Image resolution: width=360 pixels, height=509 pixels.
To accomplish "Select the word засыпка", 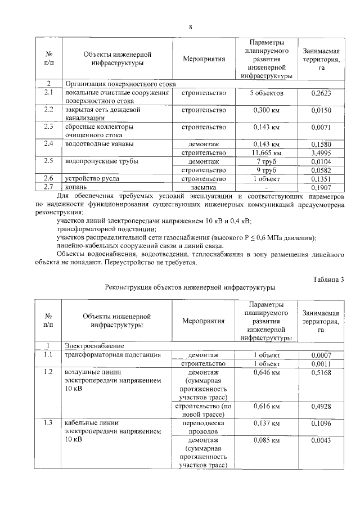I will pyautogui.click(x=204, y=187).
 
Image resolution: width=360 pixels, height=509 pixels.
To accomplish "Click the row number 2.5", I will pyautogui.click(x=48, y=161).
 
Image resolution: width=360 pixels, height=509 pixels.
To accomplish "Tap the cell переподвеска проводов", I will pyautogui.click(x=204, y=426).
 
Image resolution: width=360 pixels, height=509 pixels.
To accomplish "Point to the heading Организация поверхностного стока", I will pyautogui.click(x=120, y=84).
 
